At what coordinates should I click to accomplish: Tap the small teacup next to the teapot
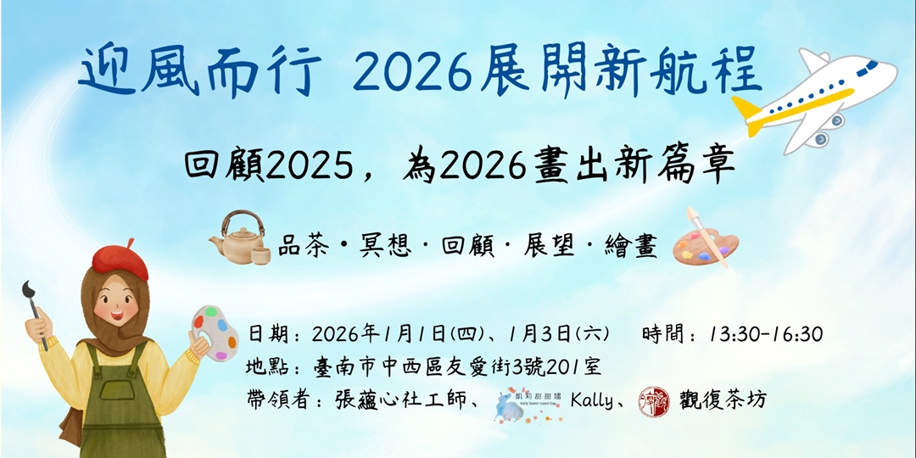pyautogui.click(x=260, y=253)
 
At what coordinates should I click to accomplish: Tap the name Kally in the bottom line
pyautogui.click(x=591, y=399)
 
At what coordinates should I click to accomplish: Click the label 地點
pyautogui.click(x=270, y=367)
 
